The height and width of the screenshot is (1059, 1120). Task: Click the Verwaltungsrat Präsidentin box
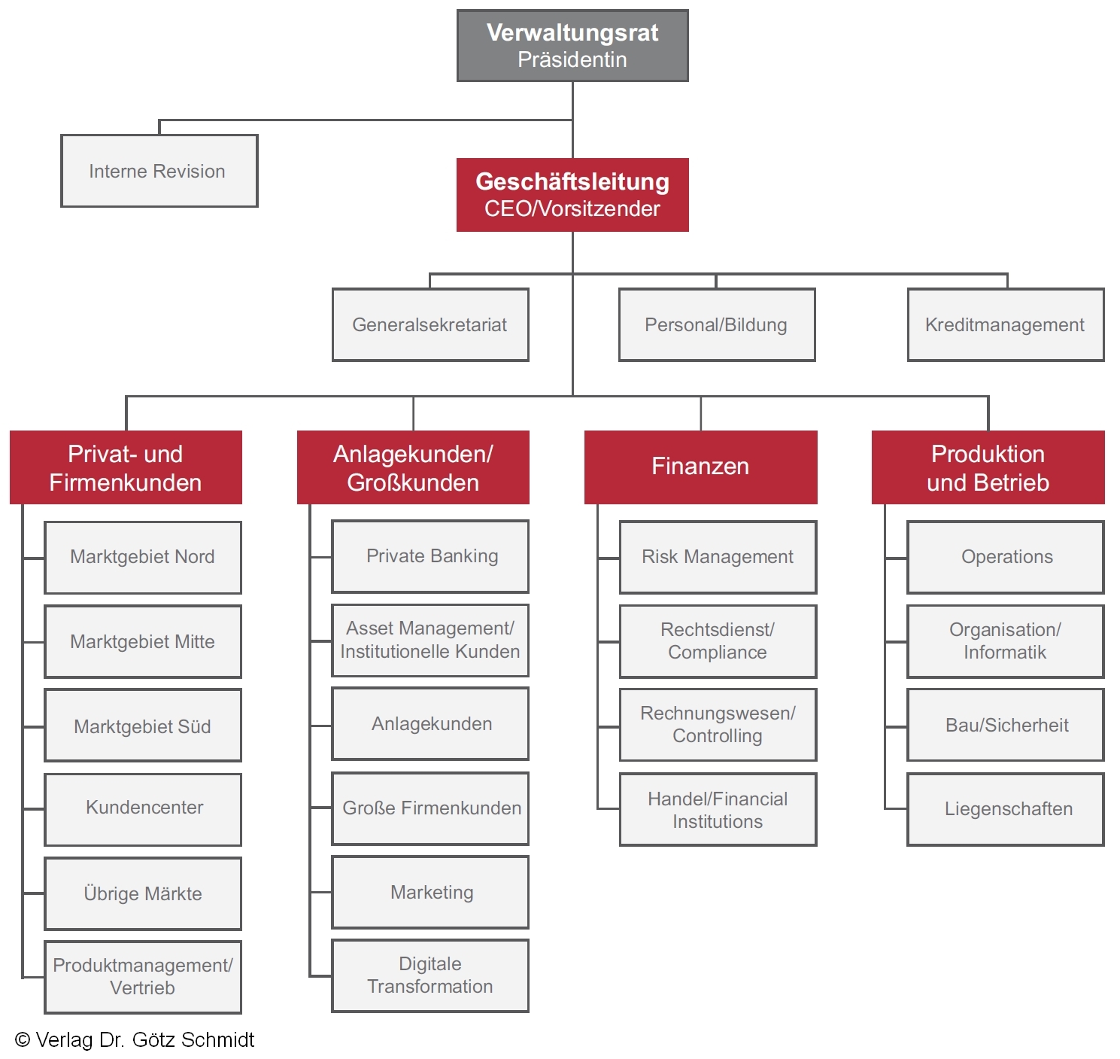coord(572,46)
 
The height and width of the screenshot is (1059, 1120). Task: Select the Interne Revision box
coord(159,171)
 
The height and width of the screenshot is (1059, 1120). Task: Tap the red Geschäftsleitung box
coord(572,194)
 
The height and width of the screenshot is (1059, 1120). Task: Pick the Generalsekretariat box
coord(430,324)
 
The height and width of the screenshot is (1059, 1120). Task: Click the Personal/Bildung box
coord(716,324)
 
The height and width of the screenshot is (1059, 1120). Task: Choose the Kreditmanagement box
coord(1005,324)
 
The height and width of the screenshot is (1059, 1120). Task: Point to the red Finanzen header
coord(700,467)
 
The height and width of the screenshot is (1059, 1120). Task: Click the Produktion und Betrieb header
coord(988,467)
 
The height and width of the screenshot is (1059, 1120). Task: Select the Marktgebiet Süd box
coord(143,726)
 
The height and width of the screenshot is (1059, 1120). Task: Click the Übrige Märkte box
coord(143,893)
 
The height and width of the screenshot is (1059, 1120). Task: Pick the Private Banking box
coord(430,556)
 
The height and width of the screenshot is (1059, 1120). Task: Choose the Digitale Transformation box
coord(430,975)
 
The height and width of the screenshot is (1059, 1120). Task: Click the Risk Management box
coord(718,557)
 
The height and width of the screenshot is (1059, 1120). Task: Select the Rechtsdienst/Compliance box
coord(718,641)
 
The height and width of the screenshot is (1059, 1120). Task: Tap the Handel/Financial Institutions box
coord(718,809)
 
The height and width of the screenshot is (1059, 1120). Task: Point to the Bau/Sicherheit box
coord(1006,725)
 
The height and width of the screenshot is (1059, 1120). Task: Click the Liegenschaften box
coord(1006,809)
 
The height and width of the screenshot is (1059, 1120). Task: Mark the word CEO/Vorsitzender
coord(572,208)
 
